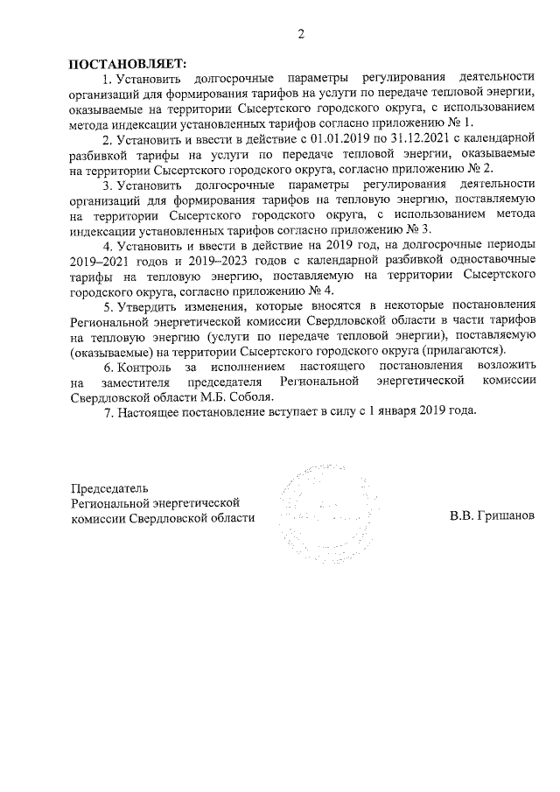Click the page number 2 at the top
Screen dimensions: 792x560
(x=300, y=35)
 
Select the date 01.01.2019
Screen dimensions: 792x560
(x=309, y=138)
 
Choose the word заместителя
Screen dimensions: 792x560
(x=138, y=382)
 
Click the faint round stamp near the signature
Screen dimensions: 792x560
(x=320, y=515)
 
